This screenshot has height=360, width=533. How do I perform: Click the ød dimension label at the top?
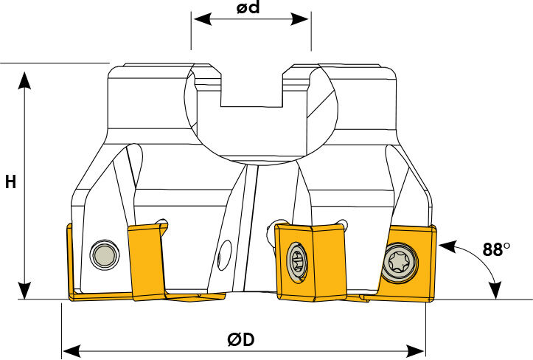(x=248, y=7)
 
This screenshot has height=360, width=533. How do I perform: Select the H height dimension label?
(x=10, y=182)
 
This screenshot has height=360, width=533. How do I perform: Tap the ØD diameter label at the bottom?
(x=241, y=339)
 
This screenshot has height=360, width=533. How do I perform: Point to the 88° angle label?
(x=496, y=249)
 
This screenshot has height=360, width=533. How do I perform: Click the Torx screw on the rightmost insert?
(x=400, y=263)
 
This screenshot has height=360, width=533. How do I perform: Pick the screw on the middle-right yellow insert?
(x=297, y=263)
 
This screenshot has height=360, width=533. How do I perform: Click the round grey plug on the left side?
(x=105, y=255)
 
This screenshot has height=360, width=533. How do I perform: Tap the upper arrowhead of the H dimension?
(x=24, y=80)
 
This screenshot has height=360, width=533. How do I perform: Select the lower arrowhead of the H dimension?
(x=24, y=290)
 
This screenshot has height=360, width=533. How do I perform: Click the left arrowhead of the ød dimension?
(x=203, y=19)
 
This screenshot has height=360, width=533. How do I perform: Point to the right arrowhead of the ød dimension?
(x=299, y=19)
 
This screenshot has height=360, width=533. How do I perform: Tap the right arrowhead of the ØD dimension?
(x=415, y=350)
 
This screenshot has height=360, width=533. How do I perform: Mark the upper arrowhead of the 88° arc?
(x=447, y=246)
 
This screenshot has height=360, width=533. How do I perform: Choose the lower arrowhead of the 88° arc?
(x=496, y=290)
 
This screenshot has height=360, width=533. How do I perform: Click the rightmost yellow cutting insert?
(x=405, y=263)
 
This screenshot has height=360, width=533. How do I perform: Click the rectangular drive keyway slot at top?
(x=251, y=90)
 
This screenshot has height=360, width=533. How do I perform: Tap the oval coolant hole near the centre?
(x=224, y=255)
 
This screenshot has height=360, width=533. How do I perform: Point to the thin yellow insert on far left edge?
(x=71, y=262)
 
